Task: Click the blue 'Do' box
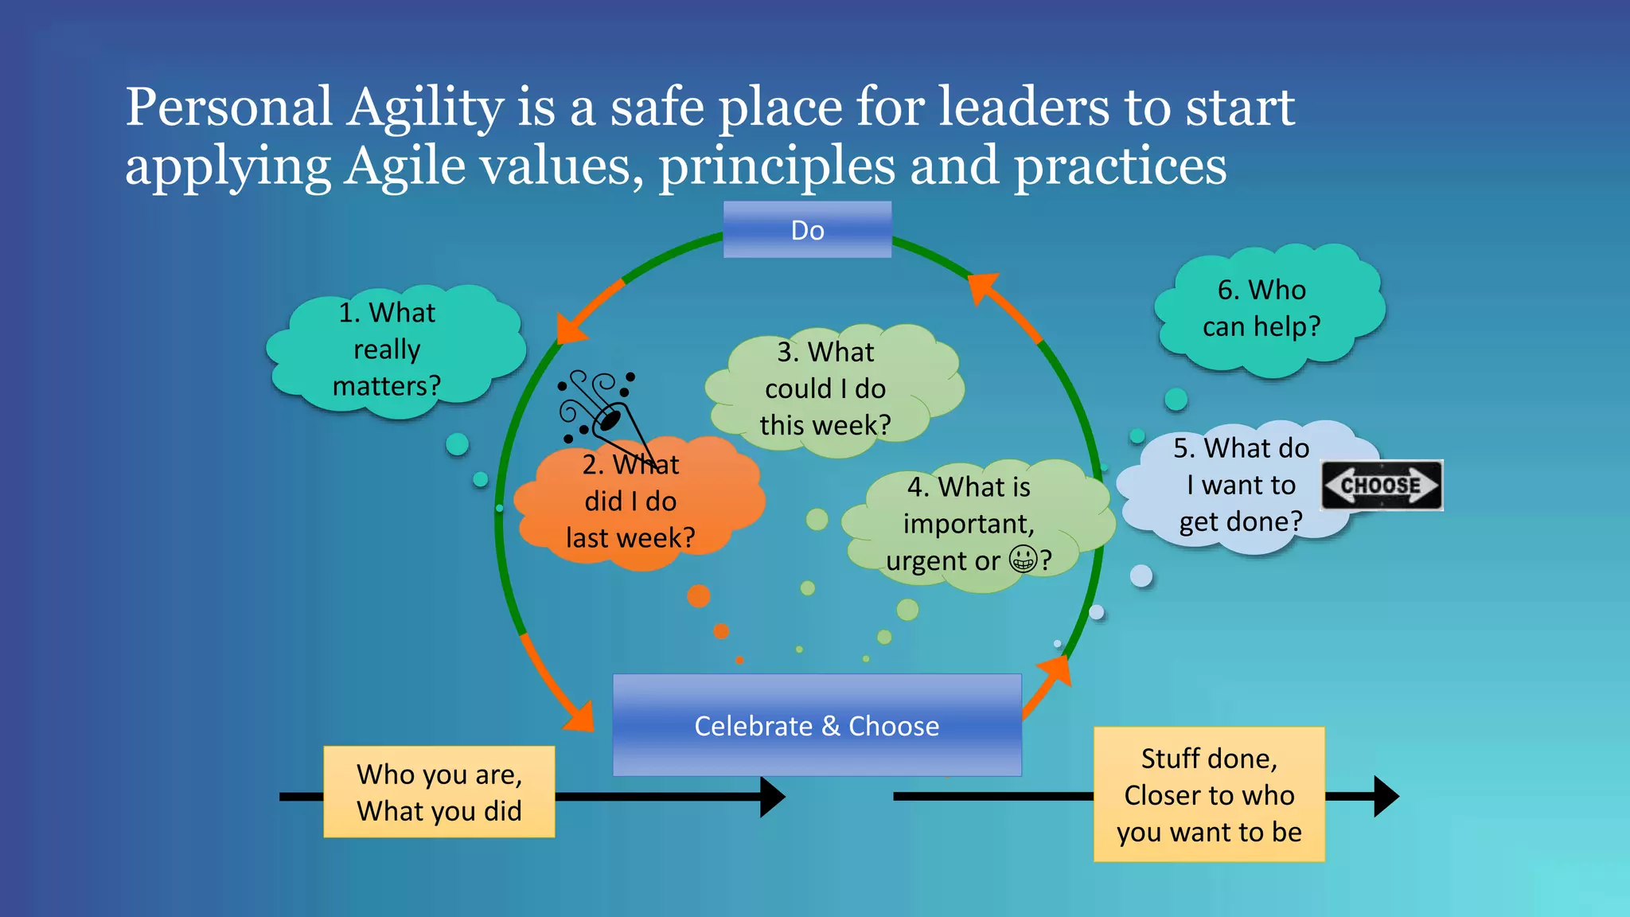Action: pos(807,230)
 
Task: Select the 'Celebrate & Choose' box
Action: pos(817,725)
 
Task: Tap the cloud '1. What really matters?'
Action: pos(388,349)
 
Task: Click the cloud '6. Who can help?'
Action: pos(1263,309)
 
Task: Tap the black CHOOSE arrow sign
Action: pos(1382,485)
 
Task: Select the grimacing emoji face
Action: pos(1024,559)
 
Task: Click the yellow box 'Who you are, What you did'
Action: pos(439,792)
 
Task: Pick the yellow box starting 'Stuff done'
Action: pos(1209,794)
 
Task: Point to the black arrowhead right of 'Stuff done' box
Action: pos(1386,797)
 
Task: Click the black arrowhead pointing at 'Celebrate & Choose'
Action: pos(771,797)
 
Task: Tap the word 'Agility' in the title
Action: pos(425,107)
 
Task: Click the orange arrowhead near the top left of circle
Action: pos(570,328)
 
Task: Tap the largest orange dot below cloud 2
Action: pos(698,596)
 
